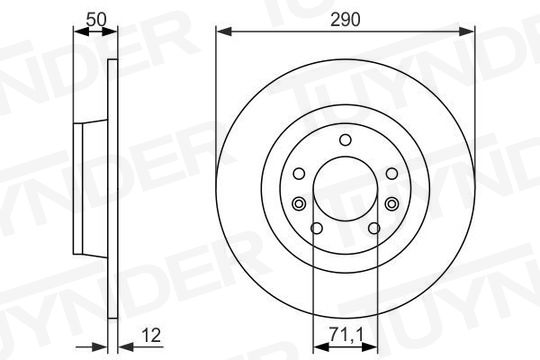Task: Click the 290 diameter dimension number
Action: (x=345, y=19)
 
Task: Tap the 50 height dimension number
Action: (x=96, y=19)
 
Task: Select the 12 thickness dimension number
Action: (x=151, y=335)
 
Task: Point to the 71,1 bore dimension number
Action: (x=346, y=334)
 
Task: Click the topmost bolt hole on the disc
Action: (x=345, y=140)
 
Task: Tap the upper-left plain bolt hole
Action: (x=299, y=173)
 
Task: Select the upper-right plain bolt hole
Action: (x=392, y=173)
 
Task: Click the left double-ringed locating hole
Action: (x=299, y=204)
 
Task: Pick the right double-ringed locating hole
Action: (x=392, y=204)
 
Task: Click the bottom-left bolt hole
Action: (x=316, y=228)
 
